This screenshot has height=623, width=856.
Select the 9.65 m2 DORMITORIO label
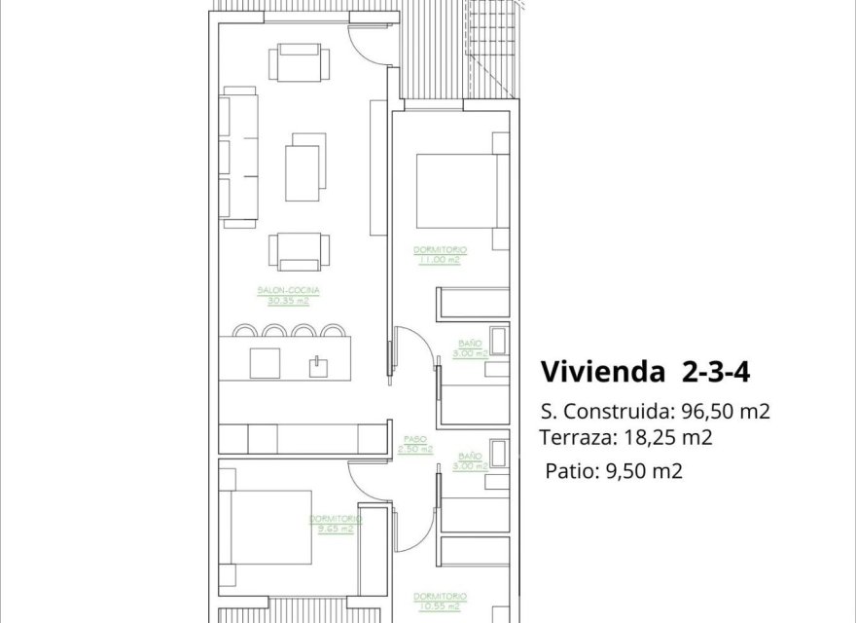click(x=336, y=524)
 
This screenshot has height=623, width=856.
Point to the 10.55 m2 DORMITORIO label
click(x=439, y=601)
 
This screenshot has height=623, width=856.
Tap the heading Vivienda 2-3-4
click(x=644, y=372)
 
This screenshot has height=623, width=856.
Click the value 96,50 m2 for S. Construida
click(x=723, y=411)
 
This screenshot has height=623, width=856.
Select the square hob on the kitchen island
click(x=265, y=362)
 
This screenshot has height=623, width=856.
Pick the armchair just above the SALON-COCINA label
click(x=295, y=251)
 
